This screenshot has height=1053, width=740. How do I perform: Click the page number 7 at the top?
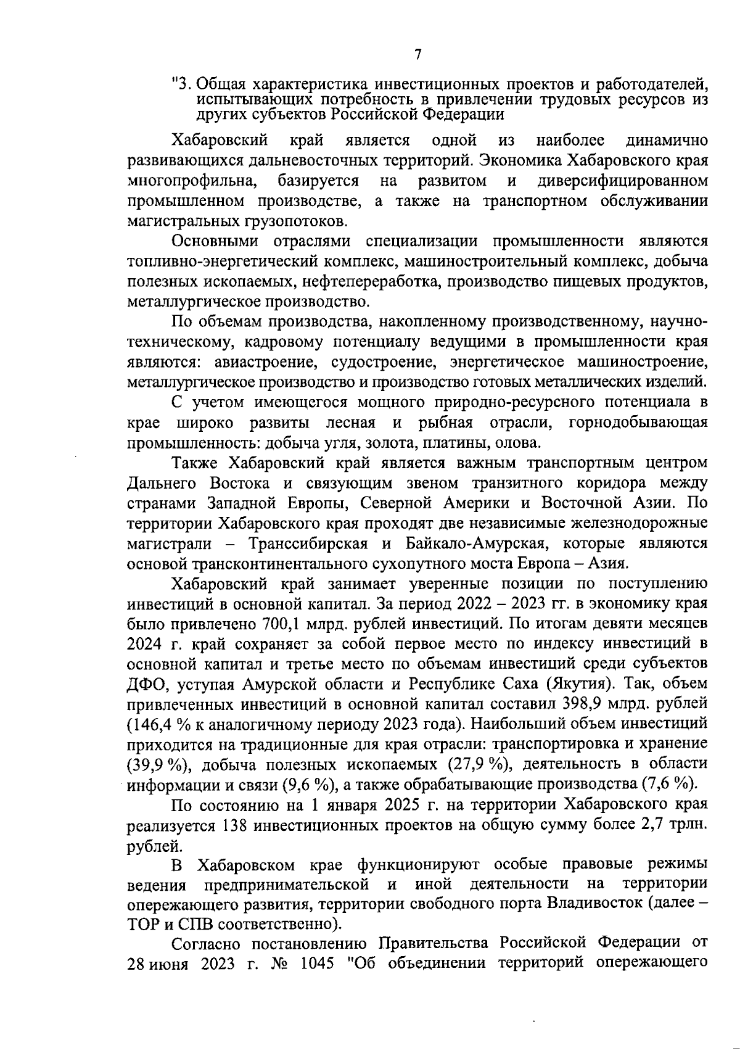click(418, 55)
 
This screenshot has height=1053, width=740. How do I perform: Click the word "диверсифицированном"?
click(622, 181)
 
